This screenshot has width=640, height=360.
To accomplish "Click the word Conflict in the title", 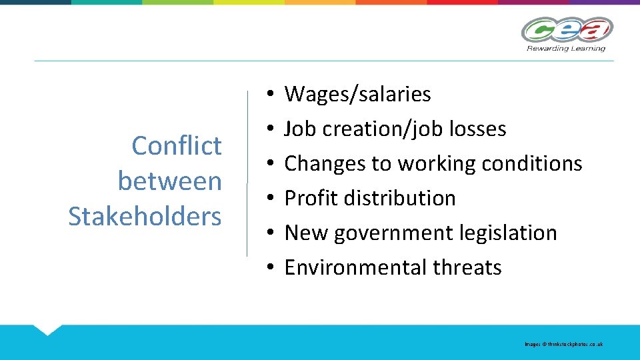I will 177,145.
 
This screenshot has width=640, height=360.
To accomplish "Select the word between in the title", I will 169,181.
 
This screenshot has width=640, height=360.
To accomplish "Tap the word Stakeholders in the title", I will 145,216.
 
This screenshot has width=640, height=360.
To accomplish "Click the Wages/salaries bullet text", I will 357,95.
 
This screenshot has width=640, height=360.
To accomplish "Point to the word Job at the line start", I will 298,129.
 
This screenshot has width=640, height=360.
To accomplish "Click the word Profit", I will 309,198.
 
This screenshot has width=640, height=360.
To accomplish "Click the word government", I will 397,233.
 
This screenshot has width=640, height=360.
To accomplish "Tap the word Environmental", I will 355,267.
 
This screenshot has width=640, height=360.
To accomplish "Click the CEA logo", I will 567,29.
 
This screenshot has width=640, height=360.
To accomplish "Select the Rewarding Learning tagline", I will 566,48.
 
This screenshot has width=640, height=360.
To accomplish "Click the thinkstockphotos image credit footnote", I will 563,344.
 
